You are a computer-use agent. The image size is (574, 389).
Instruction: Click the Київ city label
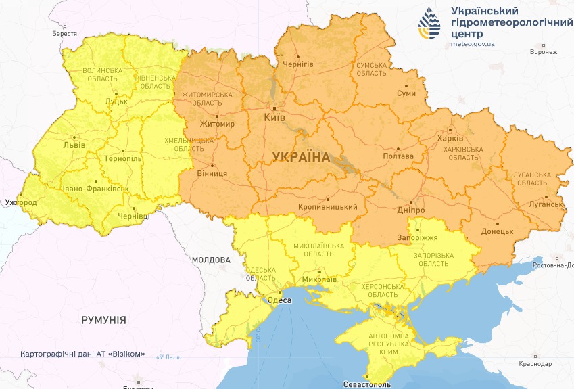(x=274, y=118)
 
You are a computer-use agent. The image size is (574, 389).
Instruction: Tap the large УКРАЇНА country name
(x=301, y=157)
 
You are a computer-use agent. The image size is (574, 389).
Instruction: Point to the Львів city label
(x=74, y=145)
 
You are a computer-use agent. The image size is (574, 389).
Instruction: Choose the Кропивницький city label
(x=327, y=208)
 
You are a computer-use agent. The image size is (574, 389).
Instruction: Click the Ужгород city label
(x=21, y=202)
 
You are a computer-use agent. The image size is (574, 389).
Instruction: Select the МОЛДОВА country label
(x=211, y=260)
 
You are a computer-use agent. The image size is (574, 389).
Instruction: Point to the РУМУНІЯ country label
(x=103, y=319)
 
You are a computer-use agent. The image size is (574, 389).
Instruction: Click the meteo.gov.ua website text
(x=473, y=44)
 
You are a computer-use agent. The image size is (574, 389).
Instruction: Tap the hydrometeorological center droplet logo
(x=429, y=25)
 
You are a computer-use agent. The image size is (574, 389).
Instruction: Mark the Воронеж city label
(x=544, y=52)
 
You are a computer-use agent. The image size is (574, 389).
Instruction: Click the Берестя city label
(x=64, y=33)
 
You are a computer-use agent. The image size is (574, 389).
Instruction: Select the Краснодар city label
(x=535, y=364)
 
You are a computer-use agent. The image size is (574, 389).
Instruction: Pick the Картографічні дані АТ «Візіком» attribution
(x=82, y=354)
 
